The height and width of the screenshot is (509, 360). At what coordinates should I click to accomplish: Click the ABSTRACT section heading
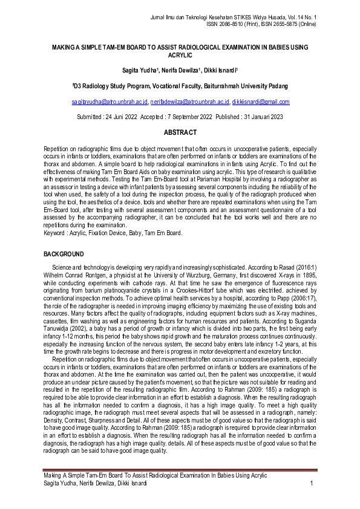[x=180, y=132]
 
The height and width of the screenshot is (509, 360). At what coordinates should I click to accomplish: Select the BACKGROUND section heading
[x=64, y=254]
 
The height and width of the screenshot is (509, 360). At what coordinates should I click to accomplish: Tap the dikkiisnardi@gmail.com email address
[x=261, y=102]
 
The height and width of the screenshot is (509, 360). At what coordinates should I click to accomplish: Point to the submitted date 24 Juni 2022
[x=117, y=117]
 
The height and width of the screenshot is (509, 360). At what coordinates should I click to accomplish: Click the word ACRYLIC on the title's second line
[x=180, y=54]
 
